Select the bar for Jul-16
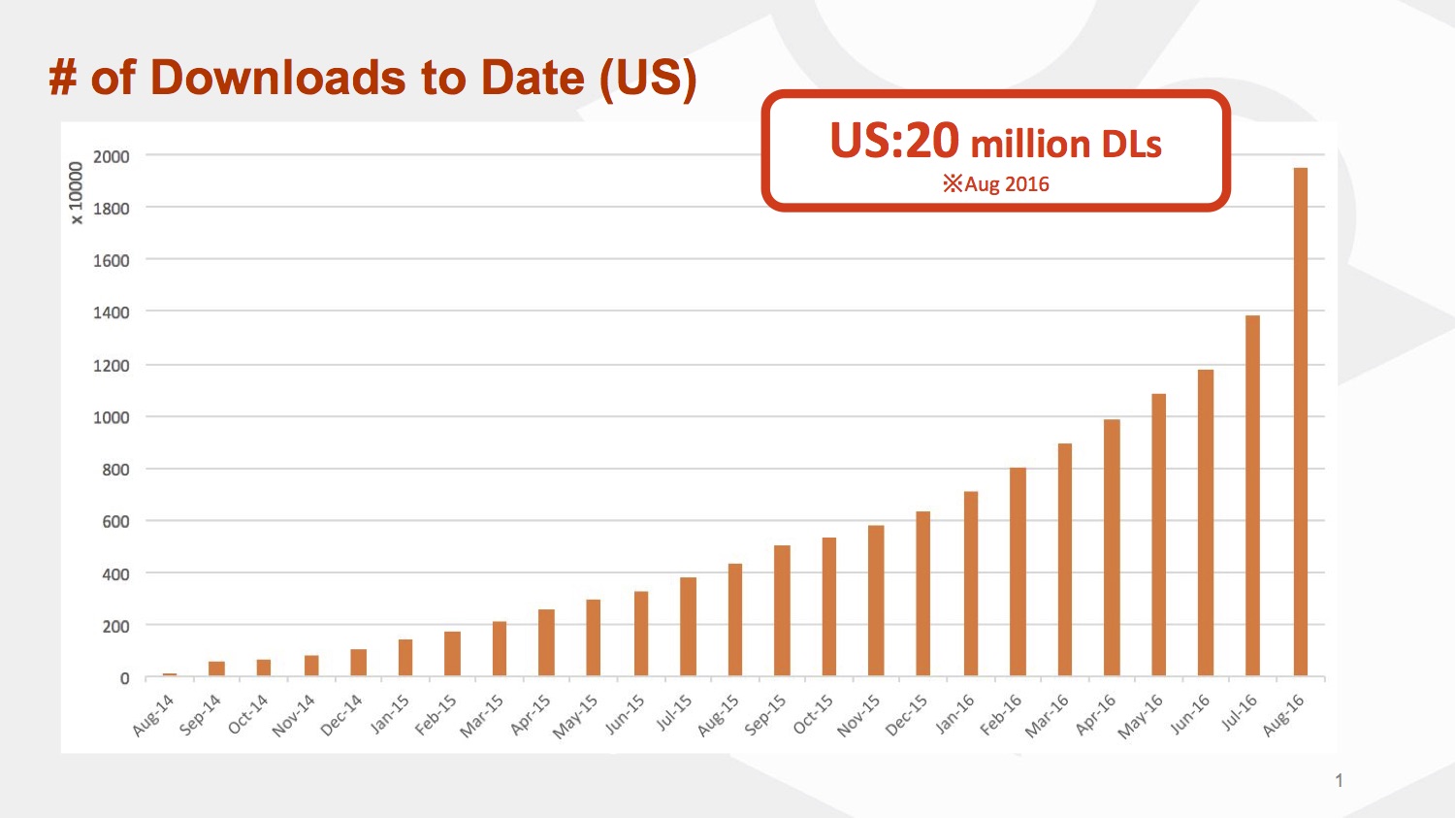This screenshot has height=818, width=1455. [1253, 496]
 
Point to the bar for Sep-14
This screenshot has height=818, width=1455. [216, 669]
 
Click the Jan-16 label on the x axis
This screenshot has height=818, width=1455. [955, 714]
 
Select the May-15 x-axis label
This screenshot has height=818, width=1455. [575, 717]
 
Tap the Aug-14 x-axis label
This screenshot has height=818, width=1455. [153, 715]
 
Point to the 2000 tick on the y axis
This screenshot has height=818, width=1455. [112, 156]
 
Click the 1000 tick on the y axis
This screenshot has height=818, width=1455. [112, 417]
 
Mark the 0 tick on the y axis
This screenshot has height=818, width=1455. [124, 678]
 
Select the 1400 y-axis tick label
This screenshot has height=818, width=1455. [112, 312]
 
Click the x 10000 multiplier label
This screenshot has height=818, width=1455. [77, 193]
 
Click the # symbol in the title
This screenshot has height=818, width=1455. [63, 78]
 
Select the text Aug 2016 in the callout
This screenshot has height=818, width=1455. [1006, 184]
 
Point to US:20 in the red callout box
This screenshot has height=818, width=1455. [894, 142]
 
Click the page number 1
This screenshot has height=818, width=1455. [1339, 780]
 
